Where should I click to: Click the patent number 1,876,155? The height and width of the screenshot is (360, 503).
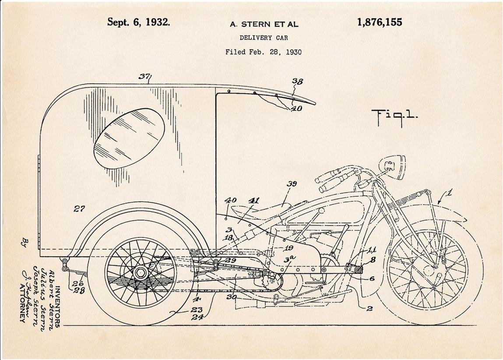[380, 22]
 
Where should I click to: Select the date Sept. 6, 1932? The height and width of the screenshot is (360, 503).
[138, 22]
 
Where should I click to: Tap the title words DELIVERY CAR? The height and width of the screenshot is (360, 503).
[264, 38]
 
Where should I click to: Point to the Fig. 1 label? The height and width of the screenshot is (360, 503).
[394, 116]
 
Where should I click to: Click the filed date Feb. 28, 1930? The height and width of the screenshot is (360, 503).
[264, 52]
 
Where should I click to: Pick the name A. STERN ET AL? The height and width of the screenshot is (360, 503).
[264, 25]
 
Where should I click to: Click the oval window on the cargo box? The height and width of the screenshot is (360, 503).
[129, 138]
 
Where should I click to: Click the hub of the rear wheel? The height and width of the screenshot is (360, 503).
[141, 273]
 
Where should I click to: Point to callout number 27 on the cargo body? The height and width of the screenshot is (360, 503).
[79, 209]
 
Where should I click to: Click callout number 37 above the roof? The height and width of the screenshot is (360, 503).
[144, 77]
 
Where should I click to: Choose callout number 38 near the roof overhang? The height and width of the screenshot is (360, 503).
[298, 82]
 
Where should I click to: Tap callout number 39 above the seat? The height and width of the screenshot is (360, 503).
[292, 184]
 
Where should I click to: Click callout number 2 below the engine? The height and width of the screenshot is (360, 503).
[369, 309]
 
